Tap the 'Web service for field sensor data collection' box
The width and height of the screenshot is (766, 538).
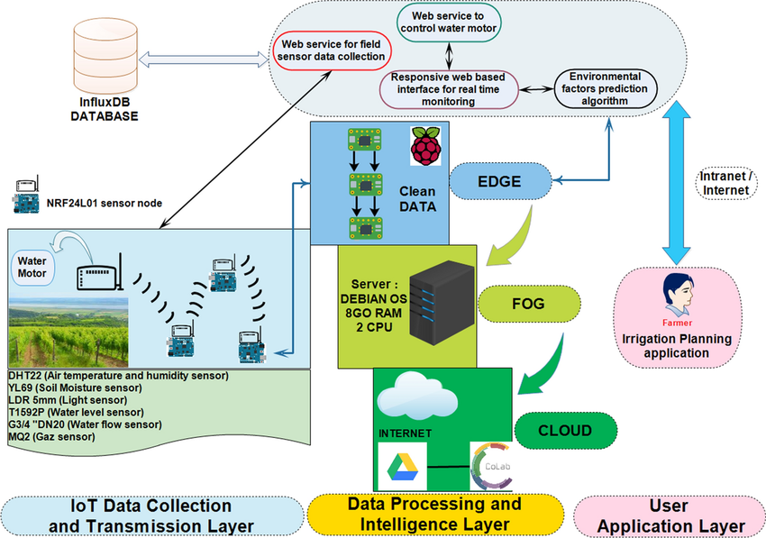pos(332,50)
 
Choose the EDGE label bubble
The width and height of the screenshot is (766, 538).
pos(501,181)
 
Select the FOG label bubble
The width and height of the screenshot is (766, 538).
pos(527,304)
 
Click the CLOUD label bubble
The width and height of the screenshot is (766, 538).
pos(565,431)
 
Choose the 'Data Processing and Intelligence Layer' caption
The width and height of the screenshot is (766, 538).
pos(433,514)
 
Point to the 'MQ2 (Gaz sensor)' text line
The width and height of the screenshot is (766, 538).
pos(52,436)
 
